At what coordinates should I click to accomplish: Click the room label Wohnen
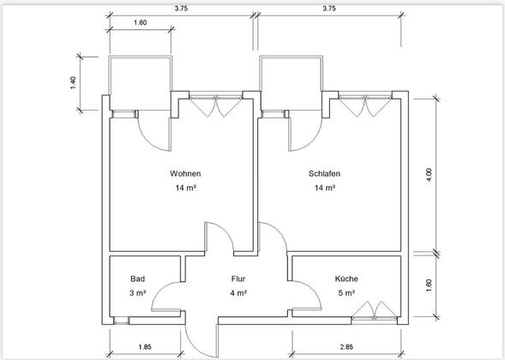click(x=185, y=173)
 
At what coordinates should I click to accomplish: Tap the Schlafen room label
click(x=324, y=173)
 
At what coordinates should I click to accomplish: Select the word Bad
click(x=137, y=279)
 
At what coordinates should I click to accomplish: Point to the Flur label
click(x=238, y=279)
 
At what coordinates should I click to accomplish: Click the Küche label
click(x=346, y=279)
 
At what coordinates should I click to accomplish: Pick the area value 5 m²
click(x=346, y=293)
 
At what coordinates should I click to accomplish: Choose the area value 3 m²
click(x=137, y=293)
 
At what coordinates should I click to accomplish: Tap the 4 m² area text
click(x=238, y=293)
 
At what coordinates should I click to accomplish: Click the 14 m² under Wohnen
click(x=186, y=188)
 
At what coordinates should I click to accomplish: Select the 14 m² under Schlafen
click(x=325, y=188)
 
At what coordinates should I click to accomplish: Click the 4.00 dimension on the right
click(x=429, y=175)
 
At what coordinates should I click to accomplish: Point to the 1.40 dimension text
click(x=73, y=83)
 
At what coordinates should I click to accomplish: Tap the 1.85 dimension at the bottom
click(x=145, y=347)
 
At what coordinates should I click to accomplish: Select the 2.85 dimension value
click(x=346, y=347)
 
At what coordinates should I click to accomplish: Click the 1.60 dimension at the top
click(x=140, y=22)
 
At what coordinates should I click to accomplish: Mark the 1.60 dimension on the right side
click(x=429, y=285)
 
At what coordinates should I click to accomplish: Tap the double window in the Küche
click(x=374, y=312)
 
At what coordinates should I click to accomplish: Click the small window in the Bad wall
click(x=122, y=321)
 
